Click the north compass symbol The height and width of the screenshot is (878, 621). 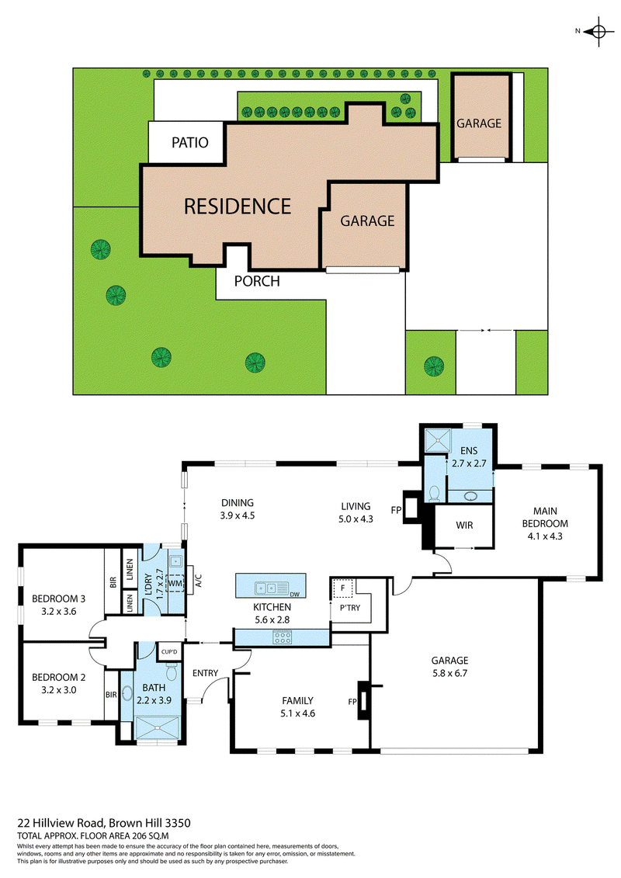point(598,32)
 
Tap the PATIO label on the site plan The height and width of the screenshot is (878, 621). point(190,143)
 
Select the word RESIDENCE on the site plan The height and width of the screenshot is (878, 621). point(238,206)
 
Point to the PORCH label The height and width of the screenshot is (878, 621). point(257,281)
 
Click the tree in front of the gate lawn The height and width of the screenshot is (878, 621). point(433,364)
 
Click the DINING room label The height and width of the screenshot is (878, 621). point(238,503)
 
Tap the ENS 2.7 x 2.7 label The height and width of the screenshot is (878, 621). point(467,457)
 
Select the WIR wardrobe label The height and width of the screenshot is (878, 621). point(463,526)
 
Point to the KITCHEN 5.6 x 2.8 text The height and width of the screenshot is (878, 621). point(272,613)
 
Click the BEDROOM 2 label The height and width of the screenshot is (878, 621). point(58,676)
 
